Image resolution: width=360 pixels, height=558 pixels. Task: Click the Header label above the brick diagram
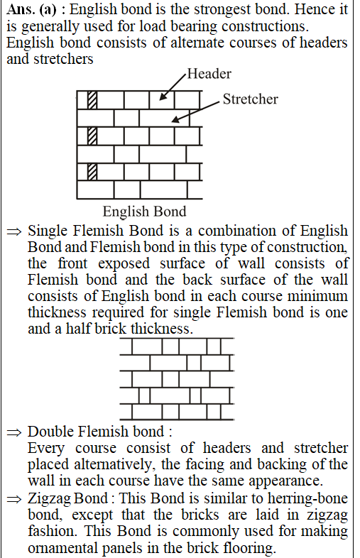(x=209, y=74)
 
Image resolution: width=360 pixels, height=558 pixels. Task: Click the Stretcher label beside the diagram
(x=251, y=99)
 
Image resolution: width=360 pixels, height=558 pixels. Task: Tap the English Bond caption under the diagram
(x=144, y=212)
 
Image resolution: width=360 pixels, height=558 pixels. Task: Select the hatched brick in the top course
(x=92, y=100)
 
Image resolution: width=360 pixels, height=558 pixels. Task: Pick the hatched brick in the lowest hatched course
(x=92, y=172)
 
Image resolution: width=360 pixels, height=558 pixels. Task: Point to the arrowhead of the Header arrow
(x=163, y=97)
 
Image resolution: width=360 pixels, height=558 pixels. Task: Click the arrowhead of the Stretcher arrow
(x=175, y=119)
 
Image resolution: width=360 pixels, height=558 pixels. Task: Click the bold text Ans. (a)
(x=31, y=10)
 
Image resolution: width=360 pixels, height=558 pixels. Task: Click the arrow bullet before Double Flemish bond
(x=14, y=432)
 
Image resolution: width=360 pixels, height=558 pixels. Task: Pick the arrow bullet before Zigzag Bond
(x=14, y=499)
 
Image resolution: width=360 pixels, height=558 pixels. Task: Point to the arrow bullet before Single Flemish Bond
(x=14, y=231)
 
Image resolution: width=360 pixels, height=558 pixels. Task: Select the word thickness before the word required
(x=57, y=312)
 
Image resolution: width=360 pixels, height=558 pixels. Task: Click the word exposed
(x=124, y=264)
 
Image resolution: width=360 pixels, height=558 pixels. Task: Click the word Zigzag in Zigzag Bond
(x=45, y=498)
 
